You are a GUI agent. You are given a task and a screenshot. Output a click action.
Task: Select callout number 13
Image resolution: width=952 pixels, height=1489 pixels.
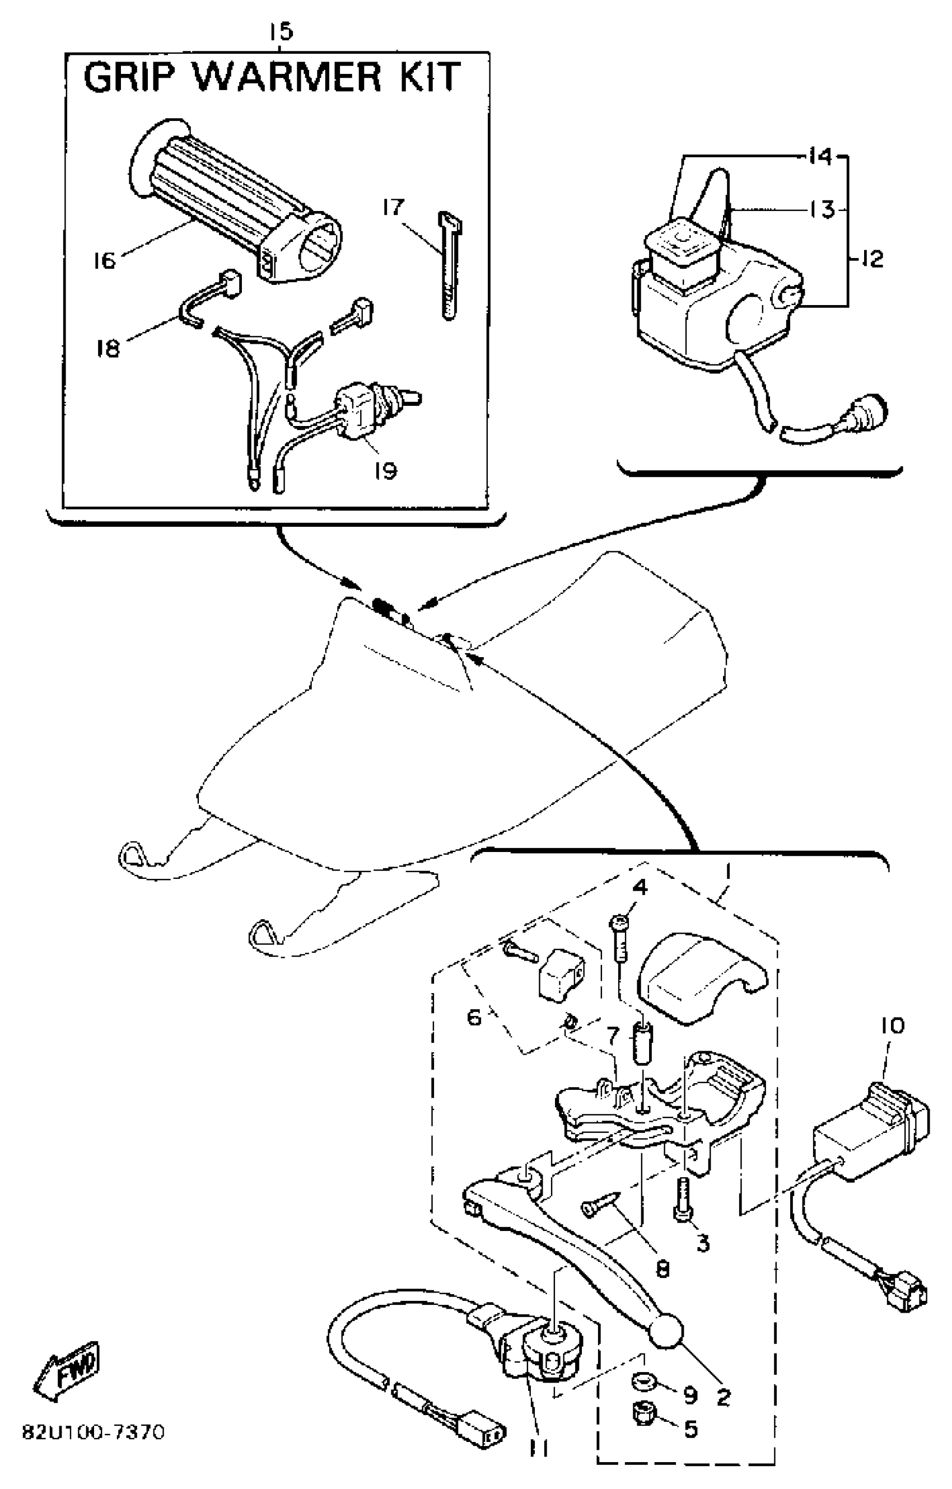[x=822, y=210]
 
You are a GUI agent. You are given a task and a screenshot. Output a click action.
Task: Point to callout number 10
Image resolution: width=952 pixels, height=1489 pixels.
[x=891, y=1027]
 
